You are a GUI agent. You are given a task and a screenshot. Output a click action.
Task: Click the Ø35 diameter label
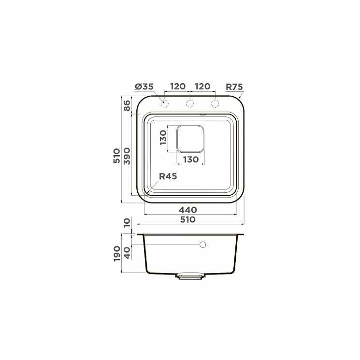[144, 87]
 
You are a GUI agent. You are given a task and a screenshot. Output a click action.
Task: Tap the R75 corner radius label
[234, 87]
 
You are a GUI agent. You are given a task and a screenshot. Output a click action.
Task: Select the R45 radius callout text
[168, 176]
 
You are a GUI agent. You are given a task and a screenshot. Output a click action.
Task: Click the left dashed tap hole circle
[165, 104]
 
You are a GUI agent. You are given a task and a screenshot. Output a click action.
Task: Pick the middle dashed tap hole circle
[189, 104]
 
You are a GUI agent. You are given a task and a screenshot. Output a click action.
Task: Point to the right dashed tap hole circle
[215, 104]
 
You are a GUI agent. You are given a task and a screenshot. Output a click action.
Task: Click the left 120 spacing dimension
[178, 86]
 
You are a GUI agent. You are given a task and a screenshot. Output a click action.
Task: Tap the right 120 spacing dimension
[202, 86]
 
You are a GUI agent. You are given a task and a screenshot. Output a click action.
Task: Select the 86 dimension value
[127, 105]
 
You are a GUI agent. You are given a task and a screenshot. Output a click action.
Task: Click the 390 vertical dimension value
[127, 156]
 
